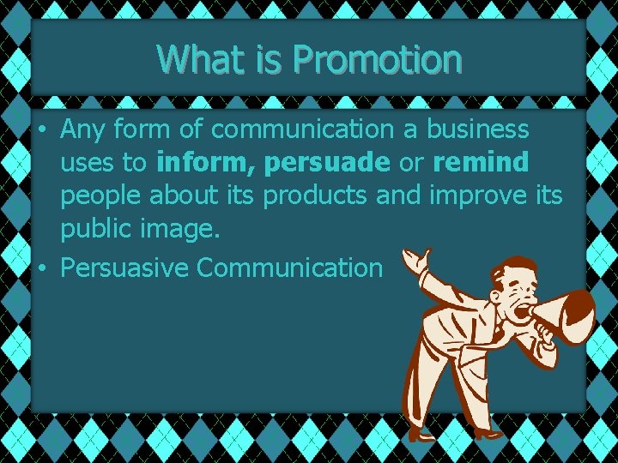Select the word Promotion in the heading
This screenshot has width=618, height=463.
(377, 59)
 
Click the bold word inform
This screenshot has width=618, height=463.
(207, 162)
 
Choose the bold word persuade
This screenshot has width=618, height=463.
(326, 163)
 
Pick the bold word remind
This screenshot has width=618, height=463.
(480, 162)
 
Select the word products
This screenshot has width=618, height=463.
(316, 196)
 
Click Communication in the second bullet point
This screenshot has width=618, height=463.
(289, 268)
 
